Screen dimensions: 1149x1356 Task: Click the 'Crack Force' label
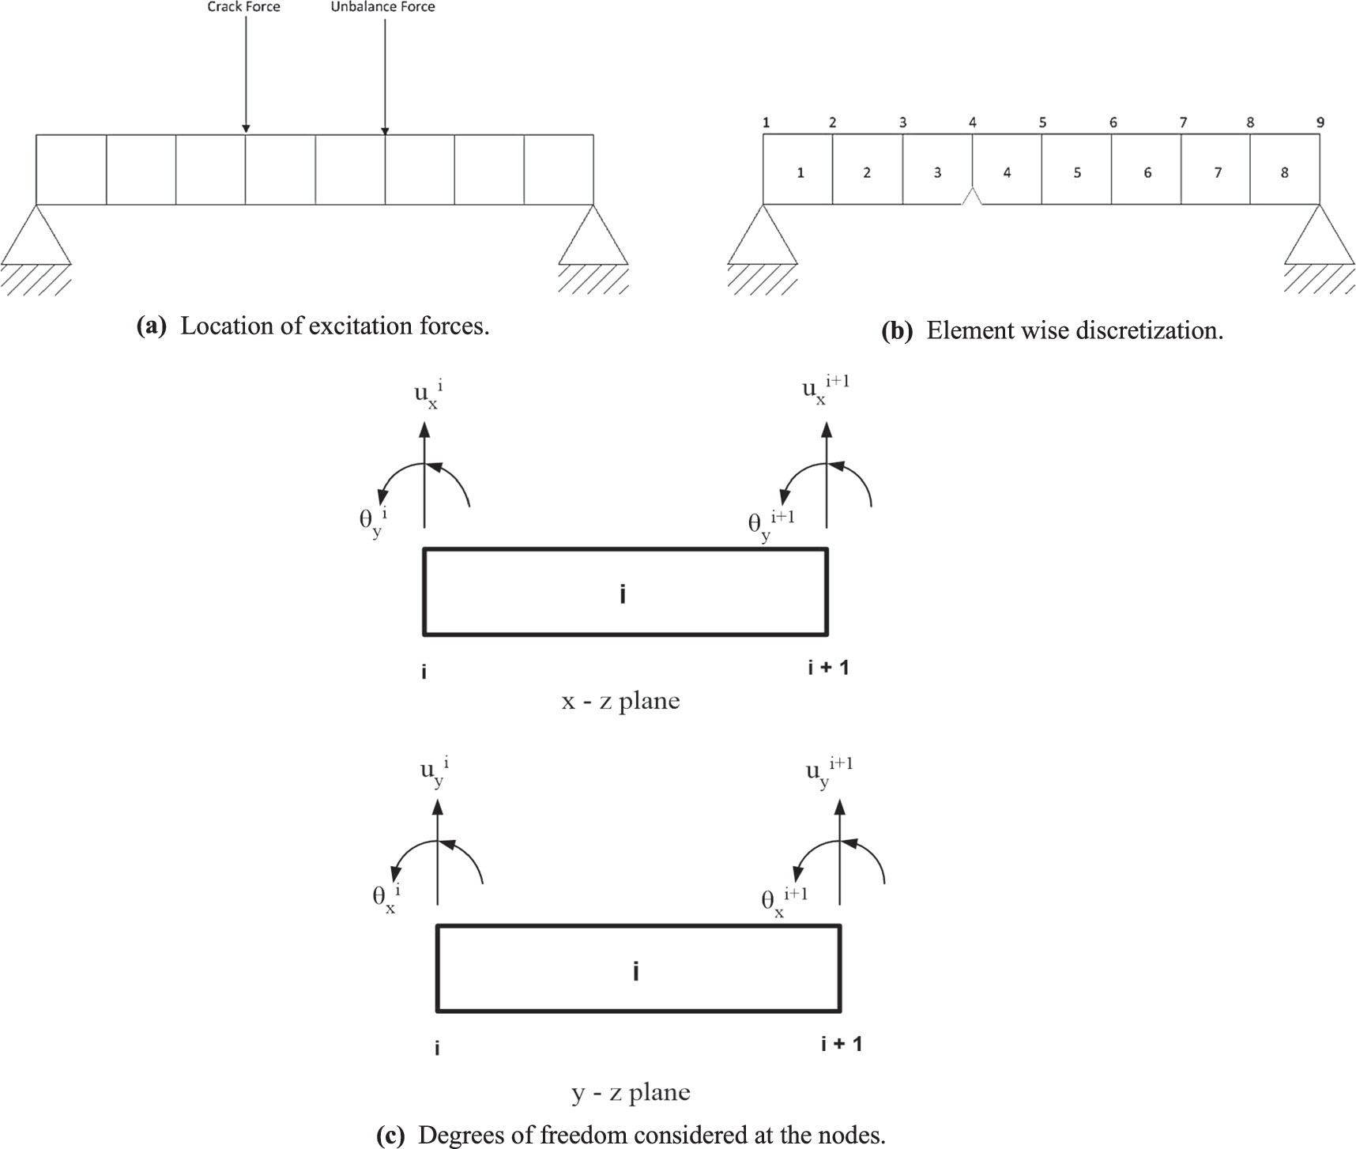(x=243, y=7)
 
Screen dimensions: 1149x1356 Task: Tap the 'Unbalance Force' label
(x=382, y=7)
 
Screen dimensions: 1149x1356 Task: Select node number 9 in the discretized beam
(x=1320, y=122)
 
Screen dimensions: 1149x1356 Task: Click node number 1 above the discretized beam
(x=766, y=122)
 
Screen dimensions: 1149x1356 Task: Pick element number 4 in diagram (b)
(x=1007, y=172)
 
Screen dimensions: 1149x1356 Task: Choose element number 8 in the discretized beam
(x=1284, y=172)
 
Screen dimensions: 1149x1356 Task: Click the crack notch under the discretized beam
(x=972, y=198)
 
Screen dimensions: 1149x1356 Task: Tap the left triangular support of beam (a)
(x=36, y=235)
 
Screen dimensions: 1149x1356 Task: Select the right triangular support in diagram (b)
(x=1319, y=235)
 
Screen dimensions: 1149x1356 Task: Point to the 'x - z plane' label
(x=620, y=701)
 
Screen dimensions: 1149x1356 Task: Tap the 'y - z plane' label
(x=631, y=1093)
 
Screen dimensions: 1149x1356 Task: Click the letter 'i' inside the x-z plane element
(x=623, y=593)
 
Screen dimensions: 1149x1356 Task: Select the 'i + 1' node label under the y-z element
(x=841, y=1044)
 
